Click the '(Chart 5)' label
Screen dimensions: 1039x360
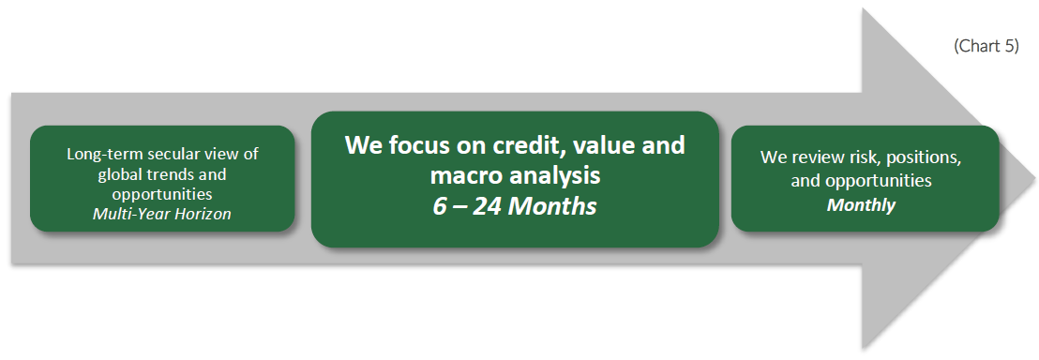[986, 47]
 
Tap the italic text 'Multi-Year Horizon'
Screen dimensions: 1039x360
[162, 214]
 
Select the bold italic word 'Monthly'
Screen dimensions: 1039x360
[861, 205]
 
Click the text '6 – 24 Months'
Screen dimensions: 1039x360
[515, 206]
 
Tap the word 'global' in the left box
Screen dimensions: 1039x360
[118, 174]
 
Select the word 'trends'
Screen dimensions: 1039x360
[165, 174]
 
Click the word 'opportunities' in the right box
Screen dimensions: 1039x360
[889, 181]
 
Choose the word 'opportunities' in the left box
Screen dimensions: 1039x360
[162, 195]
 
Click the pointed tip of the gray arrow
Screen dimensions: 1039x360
[1035, 178]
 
